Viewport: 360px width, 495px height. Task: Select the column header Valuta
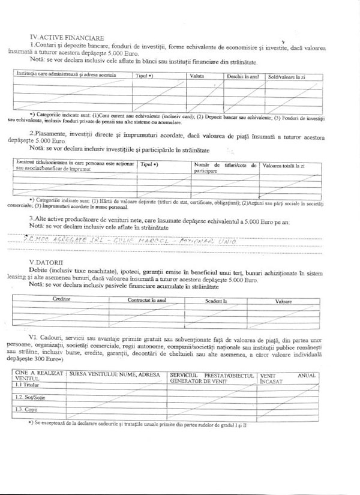(x=197, y=76)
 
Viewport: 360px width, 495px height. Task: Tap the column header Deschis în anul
(x=242, y=76)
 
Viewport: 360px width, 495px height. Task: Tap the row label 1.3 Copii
(x=25, y=409)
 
